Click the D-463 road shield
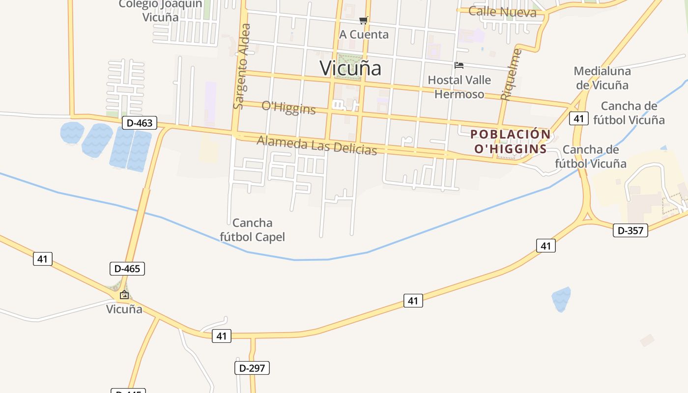coord(140,123)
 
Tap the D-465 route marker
coord(127,269)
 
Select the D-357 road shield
coord(631,230)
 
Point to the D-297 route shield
coord(252,368)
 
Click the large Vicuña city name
coord(350,68)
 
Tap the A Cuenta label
coord(364,34)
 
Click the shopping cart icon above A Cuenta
coord(363,20)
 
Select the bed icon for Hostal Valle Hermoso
coord(459,65)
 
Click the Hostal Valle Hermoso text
coord(459,87)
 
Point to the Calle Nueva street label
coord(502,11)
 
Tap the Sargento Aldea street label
coord(242,66)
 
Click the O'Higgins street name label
coord(288,108)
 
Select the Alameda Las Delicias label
coord(317,145)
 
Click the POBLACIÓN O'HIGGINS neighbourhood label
coord(511,141)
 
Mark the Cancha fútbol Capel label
coord(252,230)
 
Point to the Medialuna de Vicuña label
coord(602,78)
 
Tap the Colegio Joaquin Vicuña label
coord(160,10)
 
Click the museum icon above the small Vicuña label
coord(124,295)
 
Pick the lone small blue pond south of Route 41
coord(561,299)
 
